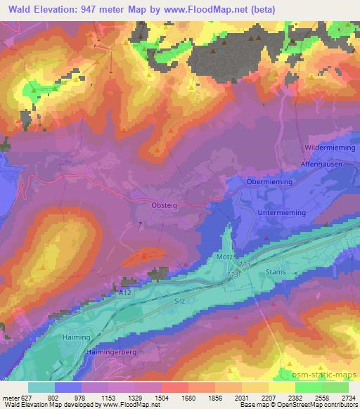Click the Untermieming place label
281,212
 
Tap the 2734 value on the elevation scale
348,396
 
